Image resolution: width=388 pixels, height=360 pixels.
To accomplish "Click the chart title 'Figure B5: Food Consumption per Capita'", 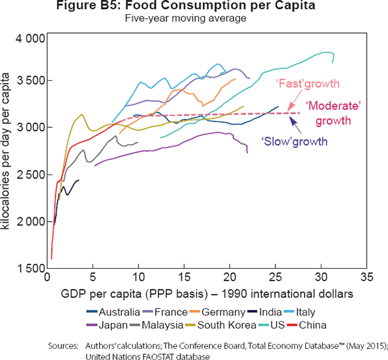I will click(194, 8).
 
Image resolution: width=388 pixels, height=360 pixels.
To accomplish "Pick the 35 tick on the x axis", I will click(367, 279).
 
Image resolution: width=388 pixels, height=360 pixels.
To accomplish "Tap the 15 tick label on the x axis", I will click(184, 279).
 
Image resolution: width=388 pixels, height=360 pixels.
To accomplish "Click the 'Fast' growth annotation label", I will click(307, 84).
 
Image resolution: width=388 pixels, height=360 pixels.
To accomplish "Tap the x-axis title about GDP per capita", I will click(207, 294).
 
